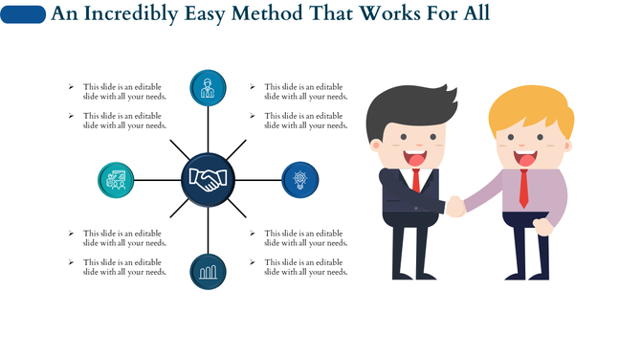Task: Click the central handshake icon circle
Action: point(209,179)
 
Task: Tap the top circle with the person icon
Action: point(208,88)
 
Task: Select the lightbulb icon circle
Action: point(300,179)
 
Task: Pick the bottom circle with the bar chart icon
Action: point(208,272)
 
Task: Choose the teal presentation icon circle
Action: point(117,179)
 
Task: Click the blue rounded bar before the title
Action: point(24,14)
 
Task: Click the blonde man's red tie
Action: point(523,189)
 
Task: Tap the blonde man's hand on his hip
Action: point(542,226)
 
